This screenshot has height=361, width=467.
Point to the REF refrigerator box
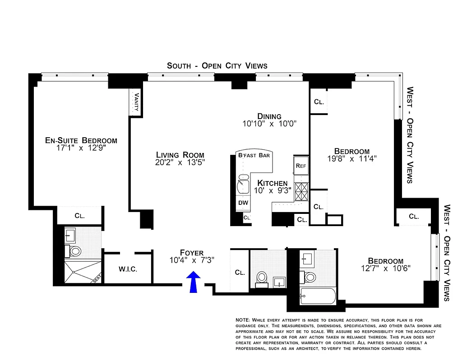coord(301,166)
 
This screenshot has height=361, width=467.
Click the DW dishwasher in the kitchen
coord(243,203)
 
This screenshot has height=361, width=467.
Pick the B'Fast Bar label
coord(254,156)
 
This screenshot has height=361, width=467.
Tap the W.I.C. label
coord(128,269)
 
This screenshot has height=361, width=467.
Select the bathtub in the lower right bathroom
coord(318,297)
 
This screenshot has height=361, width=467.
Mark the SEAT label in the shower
coord(97,280)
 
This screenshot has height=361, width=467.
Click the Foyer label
coord(191,253)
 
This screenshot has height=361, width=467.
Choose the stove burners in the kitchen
coord(301,191)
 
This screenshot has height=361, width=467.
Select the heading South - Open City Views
coord(217,66)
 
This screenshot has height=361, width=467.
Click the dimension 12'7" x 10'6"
coord(385,268)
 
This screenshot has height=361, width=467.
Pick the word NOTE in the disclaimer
coord(243,319)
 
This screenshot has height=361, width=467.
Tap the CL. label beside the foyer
coord(240,273)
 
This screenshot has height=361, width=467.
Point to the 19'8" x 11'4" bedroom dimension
coord(351,158)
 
